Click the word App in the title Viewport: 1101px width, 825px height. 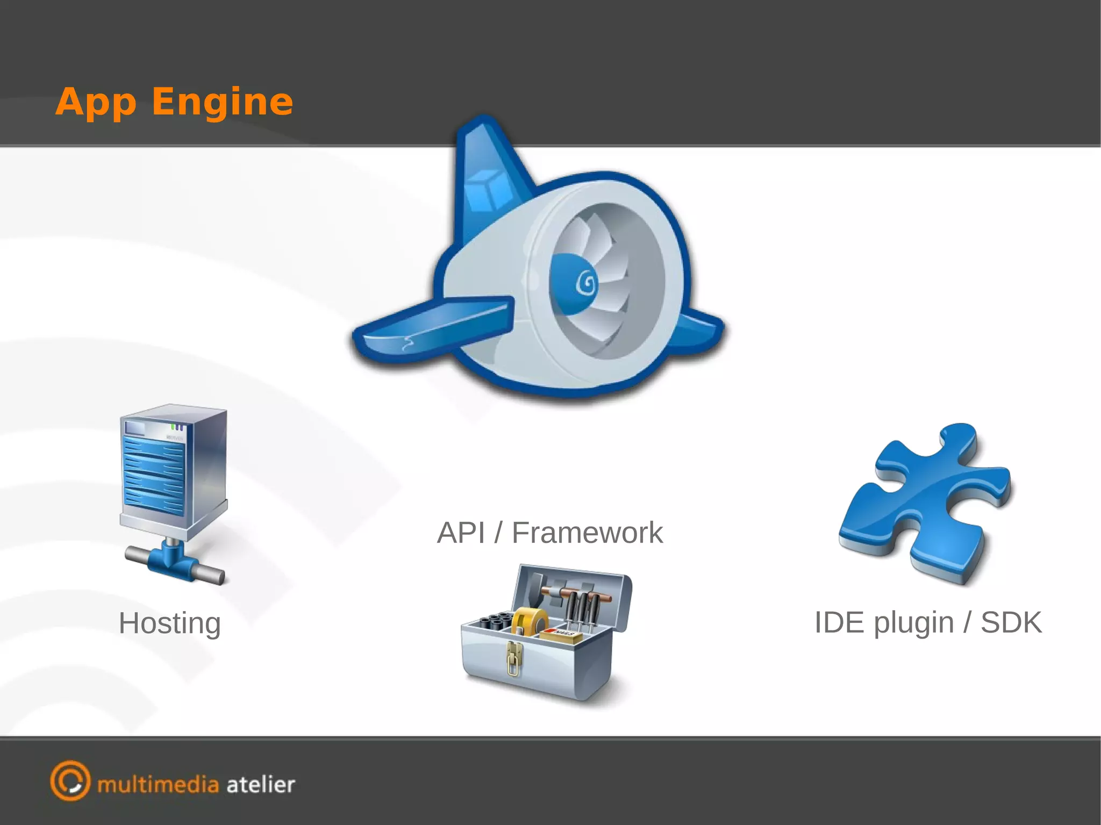pyautogui.click(x=96, y=102)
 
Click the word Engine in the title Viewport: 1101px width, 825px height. pyautogui.click(x=223, y=102)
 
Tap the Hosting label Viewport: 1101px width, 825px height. pyautogui.click(x=170, y=623)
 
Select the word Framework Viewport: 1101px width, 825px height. pyautogui.click(x=587, y=533)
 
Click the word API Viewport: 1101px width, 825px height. pyautogui.click(x=461, y=533)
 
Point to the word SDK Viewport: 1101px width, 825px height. pyautogui.click(x=1011, y=622)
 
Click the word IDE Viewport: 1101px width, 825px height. pyautogui.click(x=840, y=622)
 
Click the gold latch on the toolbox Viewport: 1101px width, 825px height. pyautogui.click(x=514, y=658)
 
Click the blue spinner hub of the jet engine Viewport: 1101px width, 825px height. pyautogui.click(x=575, y=284)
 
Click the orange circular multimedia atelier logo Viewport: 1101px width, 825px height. pyautogui.click(x=70, y=780)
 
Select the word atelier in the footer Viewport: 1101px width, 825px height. pyautogui.click(x=261, y=785)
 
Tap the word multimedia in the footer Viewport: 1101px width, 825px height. pyautogui.click(x=158, y=785)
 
